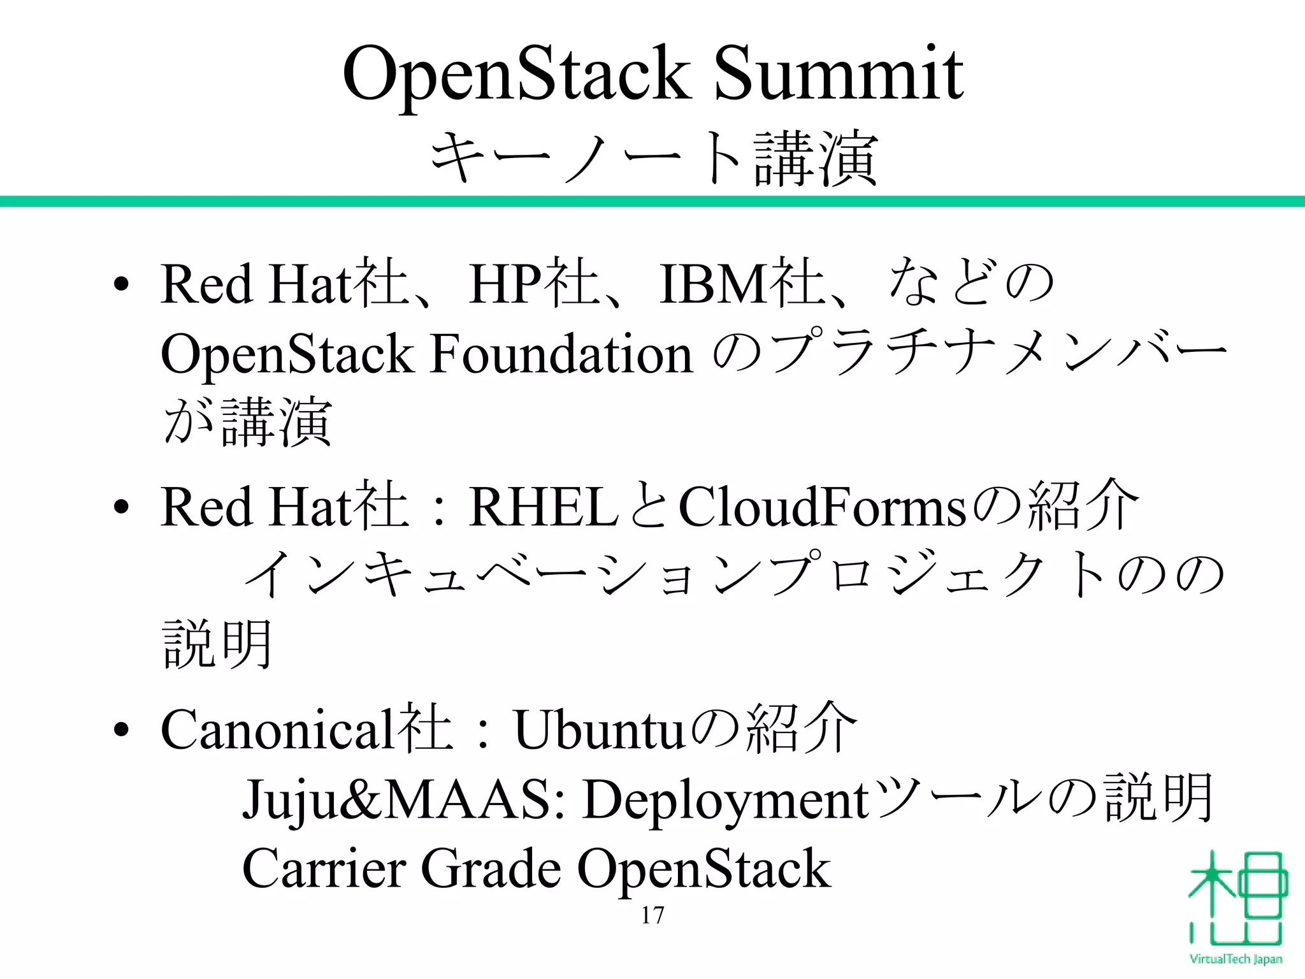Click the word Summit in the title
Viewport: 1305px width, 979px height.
point(839,75)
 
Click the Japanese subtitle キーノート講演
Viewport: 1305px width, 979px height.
point(654,158)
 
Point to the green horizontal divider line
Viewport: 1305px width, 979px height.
point(652,201)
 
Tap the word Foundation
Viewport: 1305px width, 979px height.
point(561,354)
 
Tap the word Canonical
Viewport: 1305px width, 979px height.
point(277,730)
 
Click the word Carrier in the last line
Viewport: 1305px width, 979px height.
point(324,869)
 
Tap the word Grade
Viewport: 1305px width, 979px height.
point(491,869)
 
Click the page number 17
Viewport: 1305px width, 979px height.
point(652,915)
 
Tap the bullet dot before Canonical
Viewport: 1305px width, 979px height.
point(122,730)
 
